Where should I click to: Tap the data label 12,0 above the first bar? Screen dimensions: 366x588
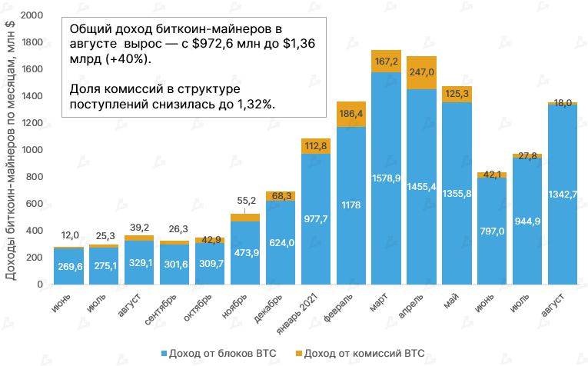pyautogui.click(x=70, y=235)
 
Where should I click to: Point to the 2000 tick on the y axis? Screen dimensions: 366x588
pyautogui.click(x=32, y=15)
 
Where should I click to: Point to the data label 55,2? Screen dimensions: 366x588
pyautogui.click(x=245, y=201)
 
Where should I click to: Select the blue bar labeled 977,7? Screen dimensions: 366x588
pyautogui.click(x=316, y=219)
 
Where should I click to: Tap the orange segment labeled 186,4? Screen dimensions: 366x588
pyautogui.click(x=351, y=115)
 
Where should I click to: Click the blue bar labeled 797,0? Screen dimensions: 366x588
pyautogui.click(x=491, y=231)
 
